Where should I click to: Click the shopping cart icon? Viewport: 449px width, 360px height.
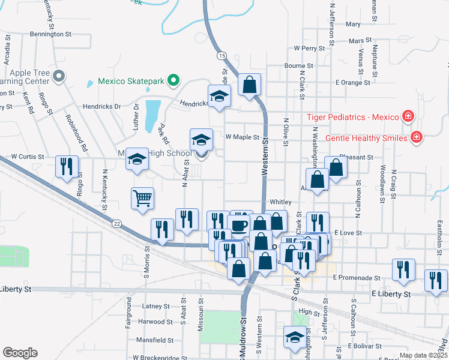pos(142,198)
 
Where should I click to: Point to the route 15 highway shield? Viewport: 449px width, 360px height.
pos(222,55)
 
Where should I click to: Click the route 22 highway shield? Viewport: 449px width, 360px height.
pos(117,223)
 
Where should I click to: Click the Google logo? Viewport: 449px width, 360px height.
pos(20,353)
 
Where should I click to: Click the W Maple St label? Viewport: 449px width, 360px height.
pos(242,137)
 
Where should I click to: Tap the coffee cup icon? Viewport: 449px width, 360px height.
pos(239,226)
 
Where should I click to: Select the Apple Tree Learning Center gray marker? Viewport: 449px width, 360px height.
pos(59,76)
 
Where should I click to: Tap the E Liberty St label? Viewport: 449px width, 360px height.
pos(391,295)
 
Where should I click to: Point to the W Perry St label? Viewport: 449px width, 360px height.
pos(309,47)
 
